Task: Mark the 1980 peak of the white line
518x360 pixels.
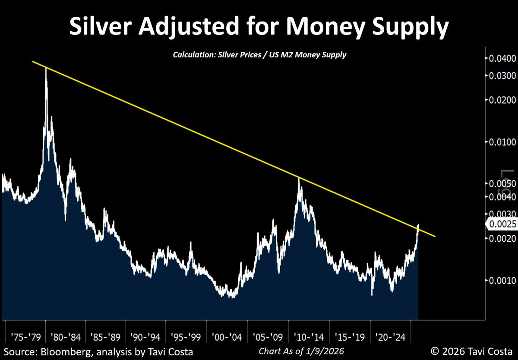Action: tap(46, 69)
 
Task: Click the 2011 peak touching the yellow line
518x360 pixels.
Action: tap(299, 178)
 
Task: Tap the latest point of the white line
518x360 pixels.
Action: tap(418, 226)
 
